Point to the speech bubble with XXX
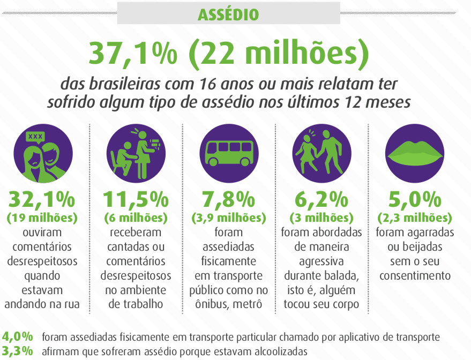35,137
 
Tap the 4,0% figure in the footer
18,337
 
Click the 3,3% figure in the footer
18,351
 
